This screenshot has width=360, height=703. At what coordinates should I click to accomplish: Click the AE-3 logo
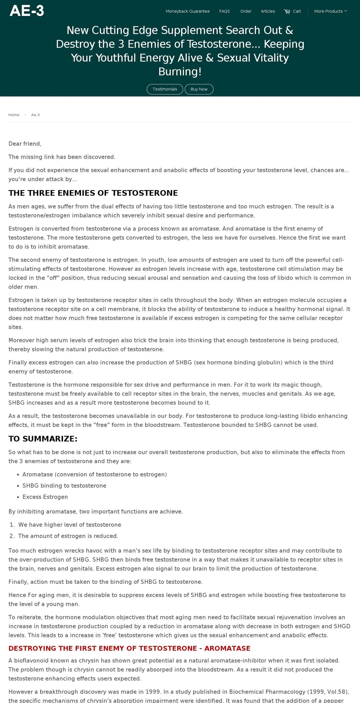tap(27, 11)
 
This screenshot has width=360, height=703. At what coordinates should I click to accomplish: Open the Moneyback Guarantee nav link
tap(187, 11)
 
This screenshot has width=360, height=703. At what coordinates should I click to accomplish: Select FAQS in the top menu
tap(224, 11)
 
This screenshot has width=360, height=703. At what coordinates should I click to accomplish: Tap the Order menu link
tap(246, 11)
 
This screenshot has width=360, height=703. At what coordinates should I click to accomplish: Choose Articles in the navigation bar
tap(268, 11)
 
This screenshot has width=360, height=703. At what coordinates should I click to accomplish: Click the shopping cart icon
tap(287, 11)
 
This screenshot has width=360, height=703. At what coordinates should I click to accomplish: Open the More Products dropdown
tap(330, 11)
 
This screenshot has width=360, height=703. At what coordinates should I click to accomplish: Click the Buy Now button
tap(199, 89)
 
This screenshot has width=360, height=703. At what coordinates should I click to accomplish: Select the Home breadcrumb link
tap(14, 115)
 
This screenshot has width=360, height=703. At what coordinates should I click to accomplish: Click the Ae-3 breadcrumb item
tap(35, 115)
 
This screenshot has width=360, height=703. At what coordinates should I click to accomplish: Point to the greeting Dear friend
tap(25, 144)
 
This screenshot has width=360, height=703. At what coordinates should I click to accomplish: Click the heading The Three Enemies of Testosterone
tap(93, 193)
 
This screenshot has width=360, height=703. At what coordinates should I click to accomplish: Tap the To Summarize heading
tap(43, 439)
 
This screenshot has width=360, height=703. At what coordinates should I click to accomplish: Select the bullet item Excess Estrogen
tap(45, 497)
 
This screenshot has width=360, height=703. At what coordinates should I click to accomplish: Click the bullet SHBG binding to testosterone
tap(64, 486)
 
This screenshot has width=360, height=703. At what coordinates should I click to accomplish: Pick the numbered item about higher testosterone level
tap(69, 525)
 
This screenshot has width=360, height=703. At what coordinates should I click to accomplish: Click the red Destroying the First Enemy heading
tap(129, 649)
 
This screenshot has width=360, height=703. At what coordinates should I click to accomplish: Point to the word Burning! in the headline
tap(180, 72)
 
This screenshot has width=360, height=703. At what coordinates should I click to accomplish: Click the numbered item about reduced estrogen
tap(68, 536)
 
